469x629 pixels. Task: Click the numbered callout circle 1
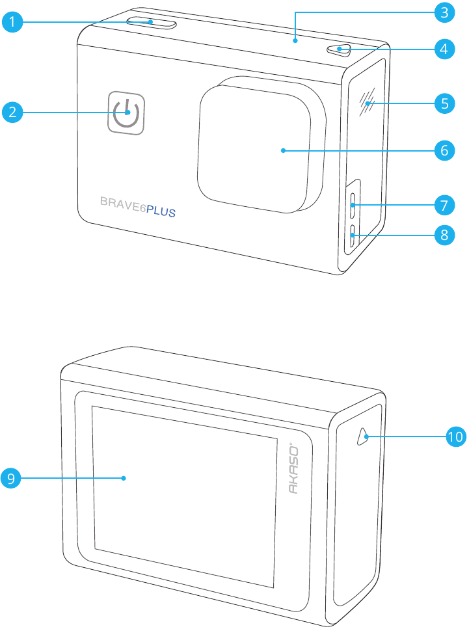[x=12, y=22]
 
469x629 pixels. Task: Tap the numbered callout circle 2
[x=12, y=112]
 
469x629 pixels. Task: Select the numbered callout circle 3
[x=444, y=12]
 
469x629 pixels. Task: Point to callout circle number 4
[x=444, y=48]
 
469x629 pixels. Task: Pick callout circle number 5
[x=444, y=103]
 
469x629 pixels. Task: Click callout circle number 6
[x=444, y=150]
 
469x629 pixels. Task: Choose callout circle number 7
[x=444, y=206]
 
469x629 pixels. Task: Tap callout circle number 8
[x=444, y=234]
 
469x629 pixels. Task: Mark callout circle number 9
[x=12, y=479]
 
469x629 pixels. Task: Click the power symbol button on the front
[x=126, y=112]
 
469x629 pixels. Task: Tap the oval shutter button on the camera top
[x=152, y=23]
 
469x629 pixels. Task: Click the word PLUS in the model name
[x=160, y=211]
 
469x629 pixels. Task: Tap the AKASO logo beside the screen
[x=293, y=469]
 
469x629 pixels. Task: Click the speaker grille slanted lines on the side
[x=368, y=103]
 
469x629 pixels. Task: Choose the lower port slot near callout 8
[x=353, y=237]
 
